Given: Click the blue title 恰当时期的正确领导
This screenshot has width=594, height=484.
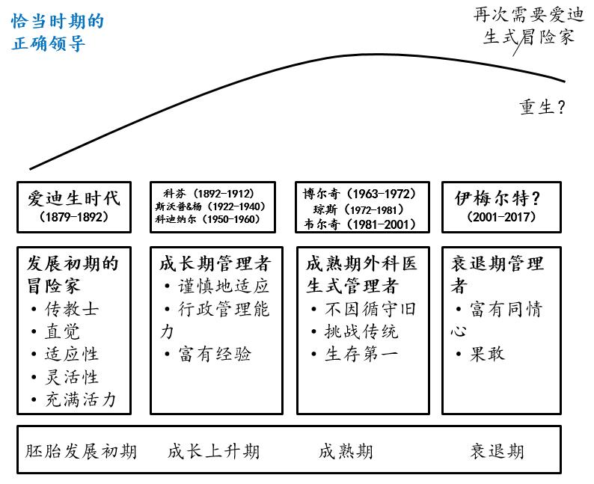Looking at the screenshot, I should (58, 32).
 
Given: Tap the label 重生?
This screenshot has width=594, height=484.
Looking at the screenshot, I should (542, 107).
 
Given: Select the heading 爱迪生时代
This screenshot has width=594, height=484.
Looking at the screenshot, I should (73, 199).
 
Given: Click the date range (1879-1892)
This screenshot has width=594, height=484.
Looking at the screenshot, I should (73, 217).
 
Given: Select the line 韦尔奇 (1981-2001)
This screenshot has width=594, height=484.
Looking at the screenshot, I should (361, 223).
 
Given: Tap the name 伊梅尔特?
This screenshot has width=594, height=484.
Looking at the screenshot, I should (497, 199).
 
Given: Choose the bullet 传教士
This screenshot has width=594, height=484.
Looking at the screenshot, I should (71, 308).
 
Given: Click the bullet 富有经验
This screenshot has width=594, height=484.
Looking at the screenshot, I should (214, 354).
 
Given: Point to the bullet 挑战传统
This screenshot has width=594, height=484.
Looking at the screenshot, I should (361, 331).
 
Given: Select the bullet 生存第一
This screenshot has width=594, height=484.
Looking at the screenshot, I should (361, 354).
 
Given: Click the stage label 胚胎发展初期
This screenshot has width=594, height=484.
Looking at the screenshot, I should (81, 451).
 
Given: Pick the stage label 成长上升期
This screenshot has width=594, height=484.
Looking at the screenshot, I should (213, 451).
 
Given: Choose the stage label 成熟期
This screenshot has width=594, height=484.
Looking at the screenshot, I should (346, 451).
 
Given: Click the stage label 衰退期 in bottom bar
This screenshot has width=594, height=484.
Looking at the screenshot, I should (497, 451).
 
